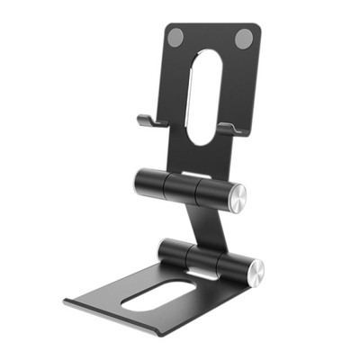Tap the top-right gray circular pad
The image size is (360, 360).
tap(243, 40)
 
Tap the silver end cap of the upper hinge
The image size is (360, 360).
tap(237, 199)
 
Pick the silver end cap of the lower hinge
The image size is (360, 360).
tap(255, 269)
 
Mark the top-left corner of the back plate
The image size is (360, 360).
tap(168, 26)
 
